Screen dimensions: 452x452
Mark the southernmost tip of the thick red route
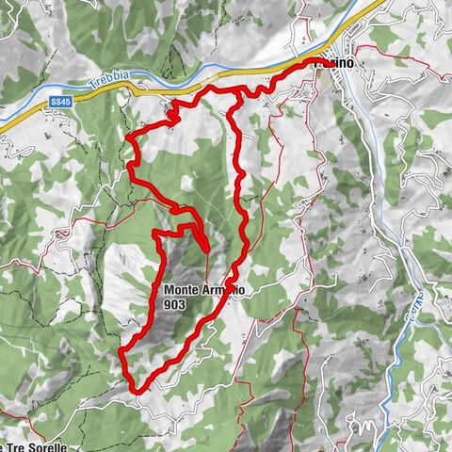click(137, 390)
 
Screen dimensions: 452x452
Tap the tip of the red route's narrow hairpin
click(206, 249)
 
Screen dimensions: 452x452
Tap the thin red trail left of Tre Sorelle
click(5, 414)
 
